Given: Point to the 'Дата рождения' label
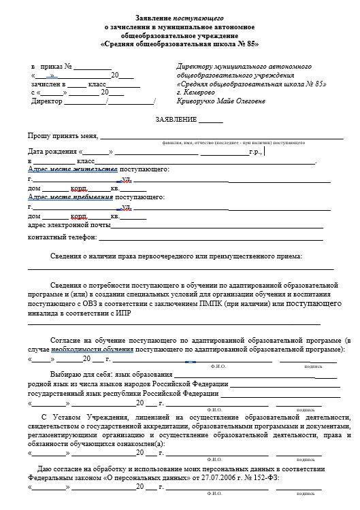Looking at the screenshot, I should tap(52, 152).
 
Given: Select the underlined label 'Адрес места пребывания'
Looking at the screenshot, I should tap(71, 197).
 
